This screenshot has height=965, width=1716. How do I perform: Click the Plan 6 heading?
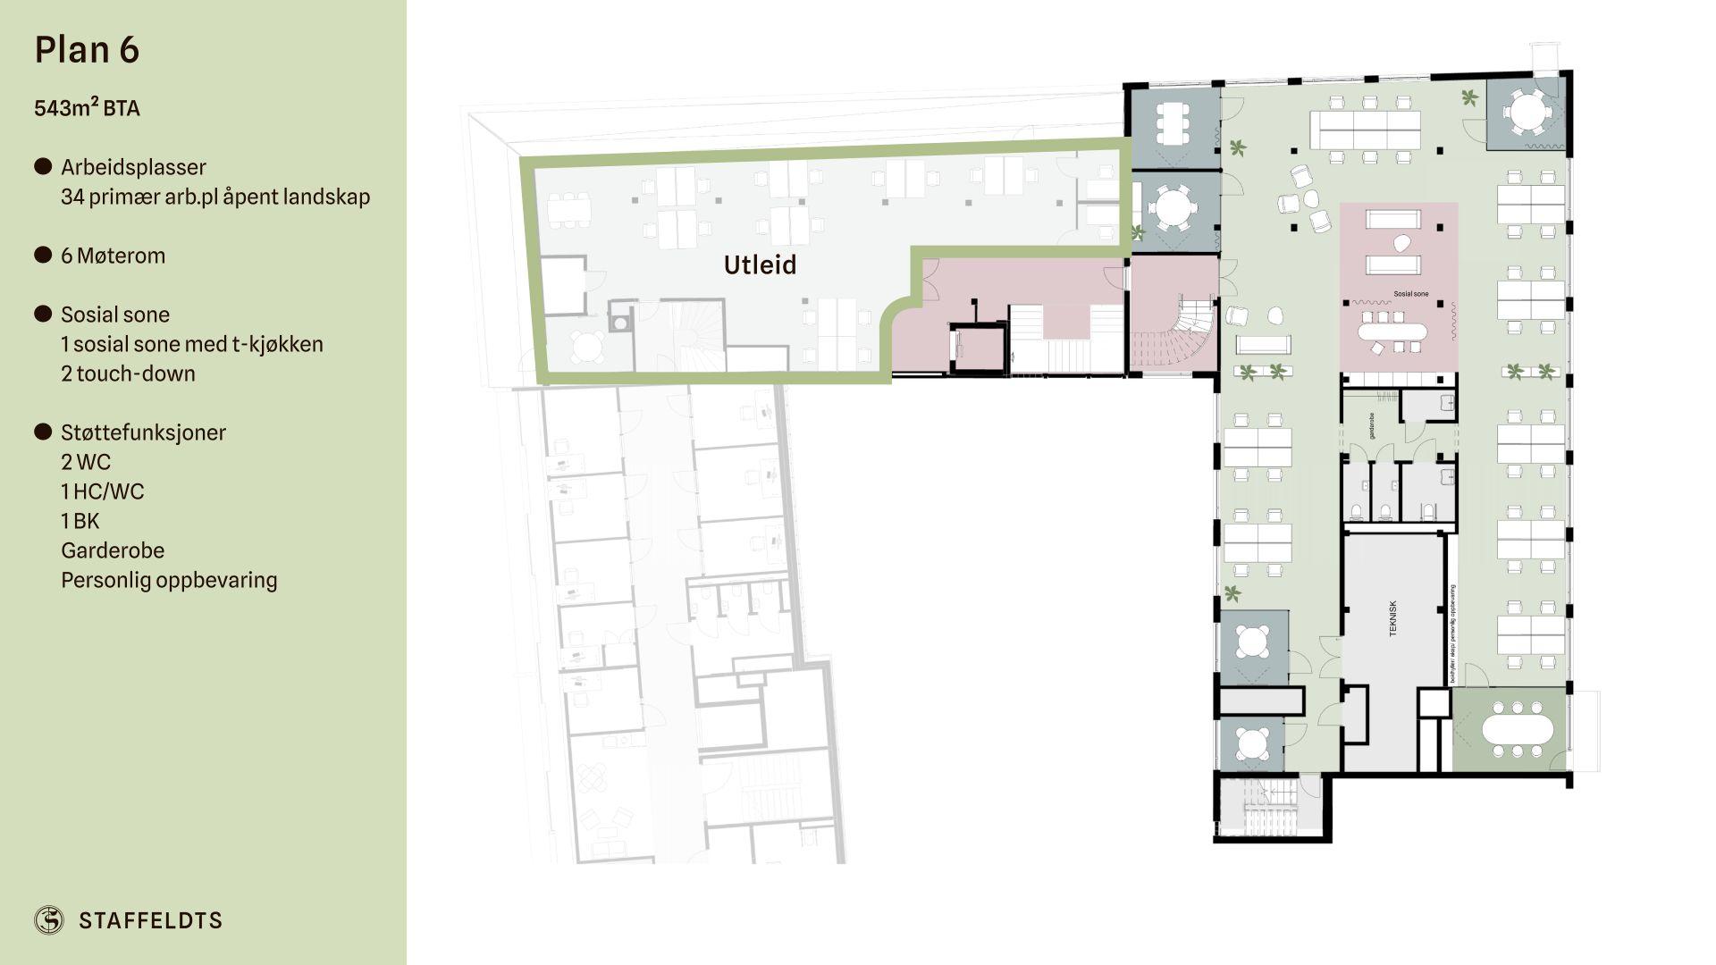(x=87, y=50)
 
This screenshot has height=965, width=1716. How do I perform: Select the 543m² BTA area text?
(x=87, y=108)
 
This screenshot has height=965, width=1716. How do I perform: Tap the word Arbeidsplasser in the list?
(x=133, y=167)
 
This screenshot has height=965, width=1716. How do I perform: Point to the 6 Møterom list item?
(x=113, y=256)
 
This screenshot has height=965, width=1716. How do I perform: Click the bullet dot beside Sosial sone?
(x=43, y=314)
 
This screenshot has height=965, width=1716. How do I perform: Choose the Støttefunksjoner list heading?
(x=143, y=432)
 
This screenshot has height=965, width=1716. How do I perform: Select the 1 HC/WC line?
(x=102, y=491)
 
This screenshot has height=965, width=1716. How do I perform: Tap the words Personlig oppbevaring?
(x=169, y=580)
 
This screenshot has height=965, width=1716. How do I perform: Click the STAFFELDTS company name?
(x=150, y=920)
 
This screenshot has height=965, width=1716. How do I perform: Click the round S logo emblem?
(x=49, y=919)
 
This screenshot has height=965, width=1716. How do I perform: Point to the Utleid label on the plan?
(x=760, y=265)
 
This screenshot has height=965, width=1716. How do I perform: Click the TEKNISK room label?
(x=1392, y=617)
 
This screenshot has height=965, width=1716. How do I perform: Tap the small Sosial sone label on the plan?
(x=1410, y=294)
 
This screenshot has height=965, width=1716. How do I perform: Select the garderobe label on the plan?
(x=1371, y=425)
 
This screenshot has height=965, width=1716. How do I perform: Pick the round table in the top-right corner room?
(x=1525, y=113)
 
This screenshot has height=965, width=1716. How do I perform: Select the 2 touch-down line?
(x=128, y=373)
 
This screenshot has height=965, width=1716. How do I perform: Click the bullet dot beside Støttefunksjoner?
(x=43, y=432)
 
